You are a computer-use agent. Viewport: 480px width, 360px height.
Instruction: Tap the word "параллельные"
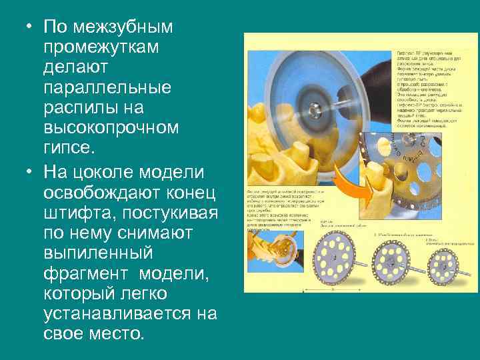(x=105, y=87)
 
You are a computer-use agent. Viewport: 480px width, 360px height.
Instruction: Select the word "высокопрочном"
(x=110, y=127)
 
